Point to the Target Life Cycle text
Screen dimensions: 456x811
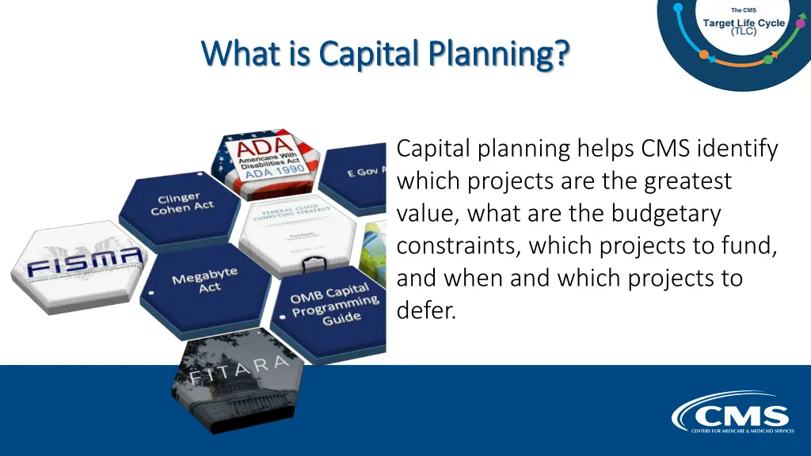pos(744,23)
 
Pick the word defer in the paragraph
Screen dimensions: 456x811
pos(425,311)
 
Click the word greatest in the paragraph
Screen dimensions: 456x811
pos(688,180)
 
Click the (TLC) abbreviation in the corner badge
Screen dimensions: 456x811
pos(744,32)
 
